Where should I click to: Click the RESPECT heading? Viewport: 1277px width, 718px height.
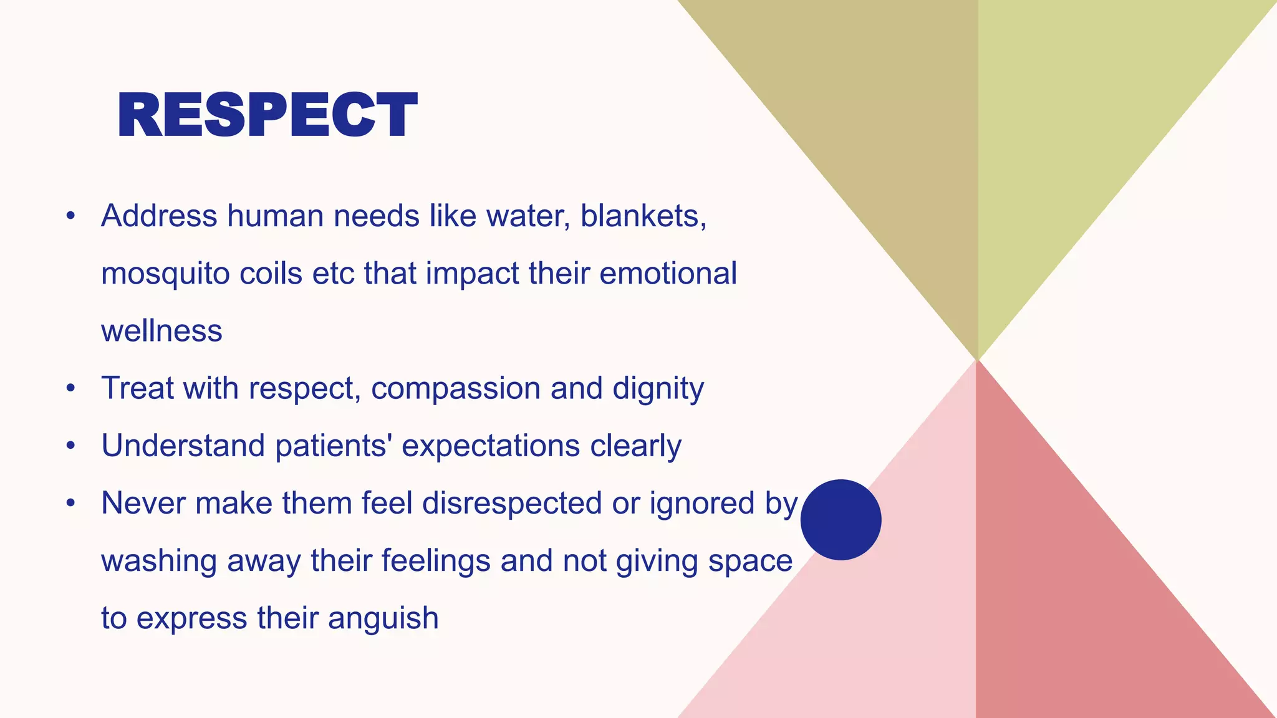[267, 115]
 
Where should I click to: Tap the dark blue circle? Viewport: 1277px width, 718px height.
[841, 520]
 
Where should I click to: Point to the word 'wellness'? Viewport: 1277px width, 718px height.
[161, 331]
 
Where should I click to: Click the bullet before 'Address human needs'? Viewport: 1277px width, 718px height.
[71, 216]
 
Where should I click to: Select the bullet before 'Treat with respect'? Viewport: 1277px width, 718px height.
[71, 389]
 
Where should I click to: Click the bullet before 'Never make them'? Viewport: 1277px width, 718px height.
[71, 504]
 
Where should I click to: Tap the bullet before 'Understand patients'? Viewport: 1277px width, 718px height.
[71, 446]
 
